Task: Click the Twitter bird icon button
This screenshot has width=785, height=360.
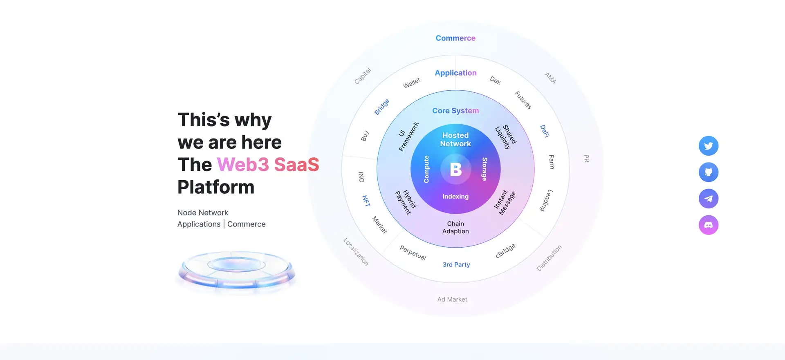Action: point(709,146)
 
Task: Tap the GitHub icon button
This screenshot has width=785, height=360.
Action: point(709,172)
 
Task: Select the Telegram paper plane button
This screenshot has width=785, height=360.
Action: point(709,199)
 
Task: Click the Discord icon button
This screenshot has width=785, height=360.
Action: point(709,225)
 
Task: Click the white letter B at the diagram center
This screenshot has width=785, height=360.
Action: point(456,169)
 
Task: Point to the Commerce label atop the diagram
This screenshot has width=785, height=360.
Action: point(455,38)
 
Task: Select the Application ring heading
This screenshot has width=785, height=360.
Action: point(455,73)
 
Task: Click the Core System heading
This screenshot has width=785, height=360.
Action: point(455,111)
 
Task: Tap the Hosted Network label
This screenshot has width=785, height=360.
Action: point(455,139)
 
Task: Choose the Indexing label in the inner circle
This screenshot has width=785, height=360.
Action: point(455,197)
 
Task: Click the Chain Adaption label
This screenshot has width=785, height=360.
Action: point(455,227)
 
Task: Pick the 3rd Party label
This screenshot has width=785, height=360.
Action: point(456,264)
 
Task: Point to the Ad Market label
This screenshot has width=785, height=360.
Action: point(452,299)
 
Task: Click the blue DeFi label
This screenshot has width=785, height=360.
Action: point(545,131)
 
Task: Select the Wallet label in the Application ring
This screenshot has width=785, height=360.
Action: point(412,83)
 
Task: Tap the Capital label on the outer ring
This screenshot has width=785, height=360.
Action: point(363,76)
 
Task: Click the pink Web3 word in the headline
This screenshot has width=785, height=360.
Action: point(243,165)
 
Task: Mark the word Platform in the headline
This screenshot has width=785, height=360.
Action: point(216,187)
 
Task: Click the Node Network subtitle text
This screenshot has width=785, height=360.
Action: point(203,212)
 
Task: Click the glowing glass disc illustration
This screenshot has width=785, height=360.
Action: point(237,269)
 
